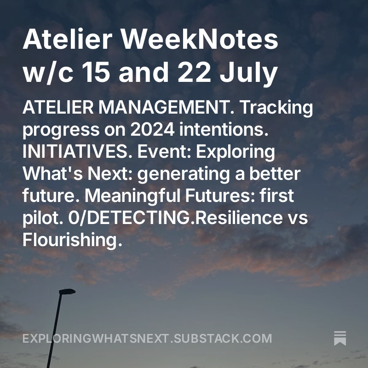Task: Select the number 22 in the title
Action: [194, 73]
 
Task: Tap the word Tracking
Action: [277, 109]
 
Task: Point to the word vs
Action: [296, 218]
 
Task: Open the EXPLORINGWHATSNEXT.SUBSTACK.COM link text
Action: [147, 339]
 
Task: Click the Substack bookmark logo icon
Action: [340, 338]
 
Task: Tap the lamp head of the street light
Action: [67, 292]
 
